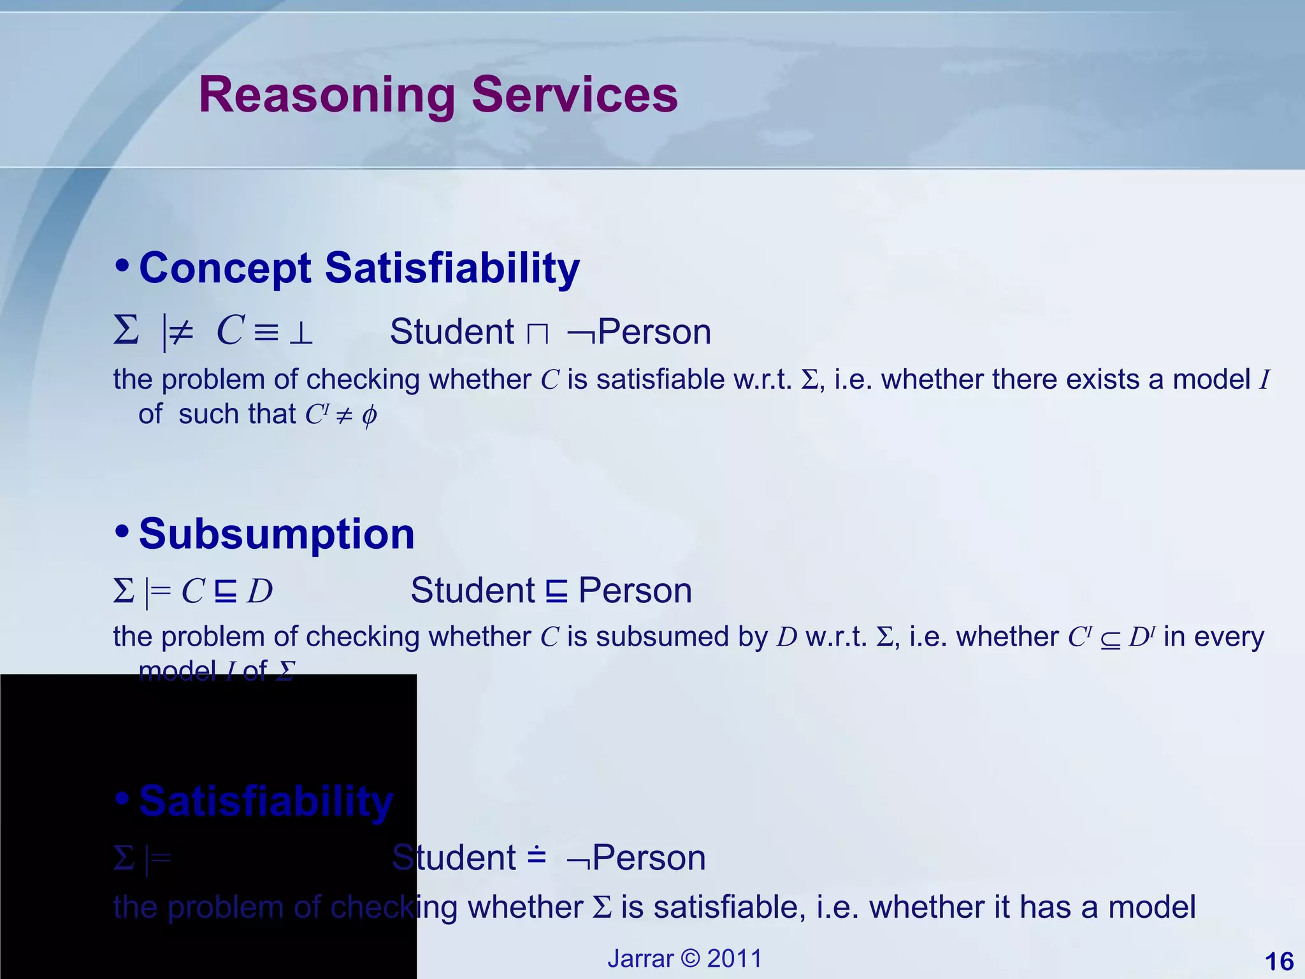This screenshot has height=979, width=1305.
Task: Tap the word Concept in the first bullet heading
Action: pyautogui.click(x=225, y=268)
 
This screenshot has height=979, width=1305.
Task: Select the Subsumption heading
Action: pyautogui.click(x=277, y=534)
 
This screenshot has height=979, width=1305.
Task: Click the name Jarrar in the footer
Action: pyautogui.click(x=640, y=959)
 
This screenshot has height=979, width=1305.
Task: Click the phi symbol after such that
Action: pyautogui.click(x=369, y=416)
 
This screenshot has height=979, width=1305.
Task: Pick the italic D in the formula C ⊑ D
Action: pyautogui.click(x=260, y=591)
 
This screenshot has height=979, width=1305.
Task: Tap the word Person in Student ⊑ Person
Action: pyautogui.click(x=635, y=590)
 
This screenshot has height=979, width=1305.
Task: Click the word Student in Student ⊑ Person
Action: pyautogui.click(x=472, y=590)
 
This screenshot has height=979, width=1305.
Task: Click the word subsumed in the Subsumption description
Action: pyautogui.click(x=663, y=637)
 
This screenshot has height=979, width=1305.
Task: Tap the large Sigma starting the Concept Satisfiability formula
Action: pyautogui.click(x=126, y=331)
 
